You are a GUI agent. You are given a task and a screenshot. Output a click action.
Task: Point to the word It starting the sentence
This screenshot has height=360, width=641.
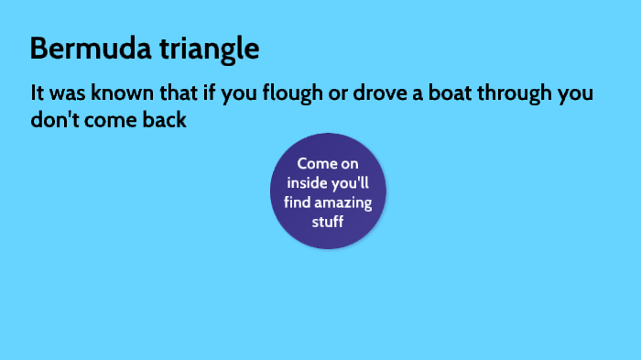pyautogui.click(x=37, y=93)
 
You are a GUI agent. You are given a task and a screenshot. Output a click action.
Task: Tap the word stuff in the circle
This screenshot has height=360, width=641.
pyautogui.click(x=328, y=221)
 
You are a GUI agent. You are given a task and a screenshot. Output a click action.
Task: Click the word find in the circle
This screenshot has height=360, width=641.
pyautogui.click(x=299, y=202)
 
